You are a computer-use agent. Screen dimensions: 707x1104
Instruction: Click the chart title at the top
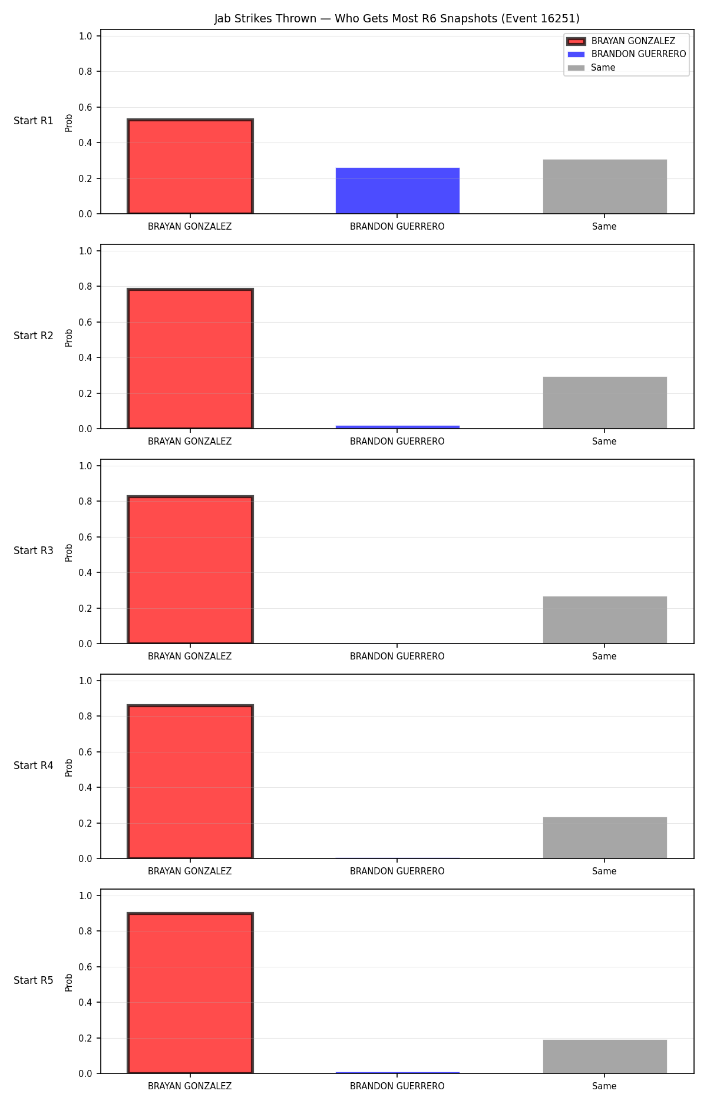pyautogui.click(x=397, y=19)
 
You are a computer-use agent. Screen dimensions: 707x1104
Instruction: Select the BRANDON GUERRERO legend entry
pyautogui.click(x=626, y=54)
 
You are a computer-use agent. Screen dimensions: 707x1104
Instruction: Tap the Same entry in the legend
pyautogui.click(x=591, y=68)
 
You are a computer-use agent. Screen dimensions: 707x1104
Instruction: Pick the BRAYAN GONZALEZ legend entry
pyautogui.click(x=621, y=41)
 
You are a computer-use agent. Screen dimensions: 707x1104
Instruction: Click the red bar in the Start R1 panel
pyautogui.click(x=190, y=167)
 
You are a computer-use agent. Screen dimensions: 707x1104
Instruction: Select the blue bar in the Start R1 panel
pyautogui.click(x=398, y=191)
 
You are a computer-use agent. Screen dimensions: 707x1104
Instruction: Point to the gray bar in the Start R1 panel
pyautogui.click(x=605, y=187)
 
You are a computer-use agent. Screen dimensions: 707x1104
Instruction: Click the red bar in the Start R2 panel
pyautogui.click(x=190, y=359)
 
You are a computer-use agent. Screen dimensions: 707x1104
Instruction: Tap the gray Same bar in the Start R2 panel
pyautogui.click(x=605, y=403)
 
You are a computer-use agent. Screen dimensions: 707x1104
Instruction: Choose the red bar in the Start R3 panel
pyautogui.click(x=190, y=570)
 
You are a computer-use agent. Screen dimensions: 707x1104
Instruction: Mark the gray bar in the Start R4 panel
pyautogui.click(x=605, y=838)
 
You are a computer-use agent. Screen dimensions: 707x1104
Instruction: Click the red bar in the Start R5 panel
pyautogui.click(x=190, y=993)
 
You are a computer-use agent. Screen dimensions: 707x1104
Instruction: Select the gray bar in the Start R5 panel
pyautogui.click(x=605, y=1056)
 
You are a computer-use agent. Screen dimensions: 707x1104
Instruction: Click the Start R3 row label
pyautogui.click(x=34, y=551)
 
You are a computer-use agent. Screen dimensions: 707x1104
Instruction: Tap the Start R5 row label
pyautogui.click(x=34, y=980)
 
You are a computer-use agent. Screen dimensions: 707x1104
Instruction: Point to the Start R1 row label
pyautogui.click(x=34, y=121)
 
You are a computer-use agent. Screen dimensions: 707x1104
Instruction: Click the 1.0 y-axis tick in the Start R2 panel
pyautogui.click(x=85, y=251)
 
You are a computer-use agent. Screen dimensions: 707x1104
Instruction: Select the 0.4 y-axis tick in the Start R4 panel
pyautogui.click(x=85, y=787)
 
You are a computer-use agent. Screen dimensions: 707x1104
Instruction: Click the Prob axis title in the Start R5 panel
pyautogui.click(x=69, y=983)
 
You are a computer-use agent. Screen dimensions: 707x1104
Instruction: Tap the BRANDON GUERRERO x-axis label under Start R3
pyautogui.click(x=397, y=657)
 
